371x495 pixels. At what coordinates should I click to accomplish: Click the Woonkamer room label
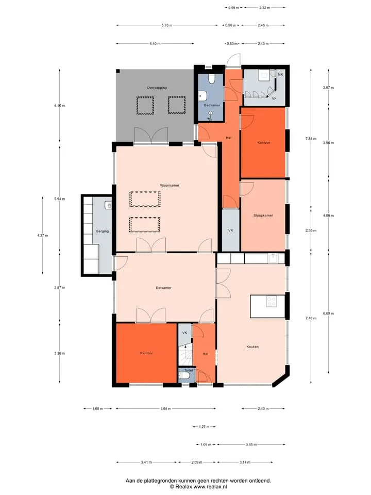pos(170,185)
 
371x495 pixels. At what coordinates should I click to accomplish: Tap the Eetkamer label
pos(164,288)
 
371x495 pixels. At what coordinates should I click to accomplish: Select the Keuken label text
pos(252,346)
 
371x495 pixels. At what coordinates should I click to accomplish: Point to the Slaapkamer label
pos(263,216)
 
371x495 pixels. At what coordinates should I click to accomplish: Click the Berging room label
pos(102,232)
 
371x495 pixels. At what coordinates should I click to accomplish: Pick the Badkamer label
pos(212,105)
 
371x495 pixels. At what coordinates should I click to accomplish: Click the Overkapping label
pos(157,88)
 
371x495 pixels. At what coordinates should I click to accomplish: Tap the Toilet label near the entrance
pos(189,370)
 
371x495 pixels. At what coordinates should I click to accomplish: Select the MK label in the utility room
pos(280,74)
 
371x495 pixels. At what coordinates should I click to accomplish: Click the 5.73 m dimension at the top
pos(167,25)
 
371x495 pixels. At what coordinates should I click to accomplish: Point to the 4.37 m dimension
pos(43,236)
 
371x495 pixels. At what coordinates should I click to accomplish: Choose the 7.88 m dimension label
pos(311,139)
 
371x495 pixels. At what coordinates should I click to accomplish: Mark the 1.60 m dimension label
pos(97,409)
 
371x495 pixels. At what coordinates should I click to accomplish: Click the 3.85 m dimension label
pos(251,444)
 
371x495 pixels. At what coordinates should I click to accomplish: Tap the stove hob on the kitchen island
pos(272,301)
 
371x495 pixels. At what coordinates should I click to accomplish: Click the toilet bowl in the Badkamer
pos(211,78)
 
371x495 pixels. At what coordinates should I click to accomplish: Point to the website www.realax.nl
pos(210,487)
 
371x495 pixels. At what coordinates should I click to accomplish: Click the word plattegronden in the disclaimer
pos(160,481)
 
